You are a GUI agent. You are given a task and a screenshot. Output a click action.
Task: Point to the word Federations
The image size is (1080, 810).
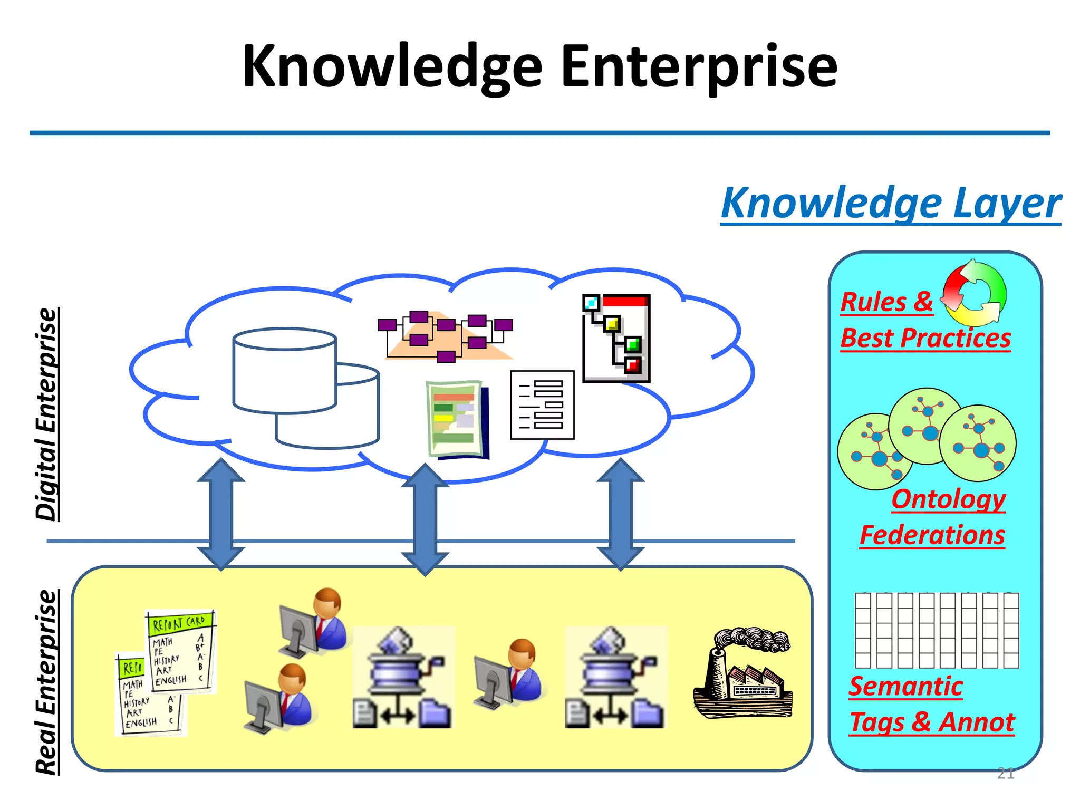click(x=932, y=535)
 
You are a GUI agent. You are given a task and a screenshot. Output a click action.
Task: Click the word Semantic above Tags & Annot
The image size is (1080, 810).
click(x=905, y=686)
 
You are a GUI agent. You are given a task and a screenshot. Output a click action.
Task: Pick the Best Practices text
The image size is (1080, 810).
click(x=925, y=338)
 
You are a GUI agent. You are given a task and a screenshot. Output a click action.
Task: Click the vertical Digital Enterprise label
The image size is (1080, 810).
click(x=46, y=414)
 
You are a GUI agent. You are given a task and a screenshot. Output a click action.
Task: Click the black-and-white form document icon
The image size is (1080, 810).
click(x=542, y=405)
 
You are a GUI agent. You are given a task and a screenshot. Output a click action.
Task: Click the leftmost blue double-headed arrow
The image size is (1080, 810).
click(x=220, y=515)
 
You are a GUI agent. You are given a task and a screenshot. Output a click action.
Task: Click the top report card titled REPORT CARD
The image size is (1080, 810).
click(x=180, y=651)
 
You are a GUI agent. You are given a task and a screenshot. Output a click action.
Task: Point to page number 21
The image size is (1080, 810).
click(x=1005, y=773)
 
